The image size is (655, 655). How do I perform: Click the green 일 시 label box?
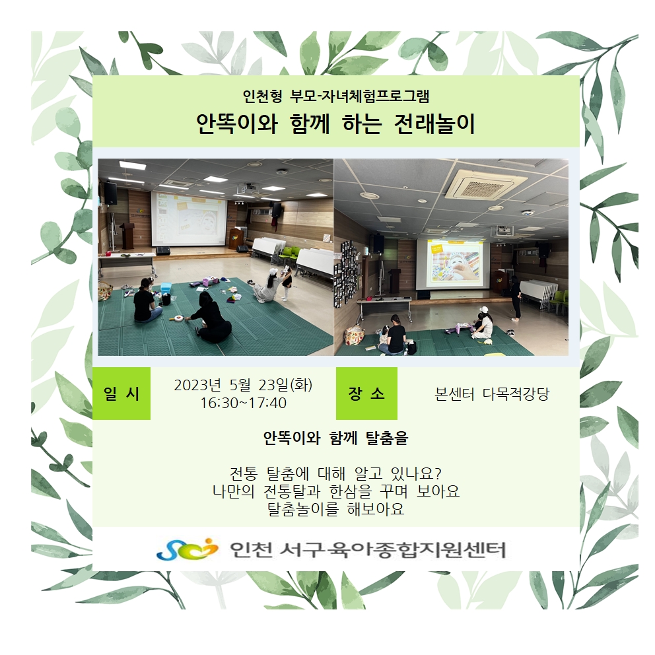coord(121,394)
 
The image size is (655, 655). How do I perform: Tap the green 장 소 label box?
coord(366,394)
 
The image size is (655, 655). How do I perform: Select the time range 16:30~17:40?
coord(244,403)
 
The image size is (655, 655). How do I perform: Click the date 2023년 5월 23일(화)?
coord(243,385)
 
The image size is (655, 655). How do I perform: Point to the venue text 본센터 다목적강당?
coord(492,394)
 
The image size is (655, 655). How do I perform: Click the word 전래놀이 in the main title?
coord(434,123)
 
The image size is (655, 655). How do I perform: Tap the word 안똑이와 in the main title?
coord(237,123)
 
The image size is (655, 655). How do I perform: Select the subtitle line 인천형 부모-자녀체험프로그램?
coord(336,96)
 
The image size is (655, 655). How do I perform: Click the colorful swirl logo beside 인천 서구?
coord(187,549)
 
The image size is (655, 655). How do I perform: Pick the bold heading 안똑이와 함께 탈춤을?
coord(336,438)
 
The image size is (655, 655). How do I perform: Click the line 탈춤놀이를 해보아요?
coord(336,509)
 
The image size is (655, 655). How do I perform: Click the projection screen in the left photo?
coord(189,219)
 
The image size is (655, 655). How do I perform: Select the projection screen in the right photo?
coord(453,263)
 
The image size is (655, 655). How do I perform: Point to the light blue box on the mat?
coord(166,288)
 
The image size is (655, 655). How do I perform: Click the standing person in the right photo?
coord(516,297)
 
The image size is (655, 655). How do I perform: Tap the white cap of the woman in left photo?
coord(273,272)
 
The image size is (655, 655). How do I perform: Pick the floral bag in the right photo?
coord(354,335)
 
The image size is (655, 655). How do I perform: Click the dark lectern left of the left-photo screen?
coord(127,235)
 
